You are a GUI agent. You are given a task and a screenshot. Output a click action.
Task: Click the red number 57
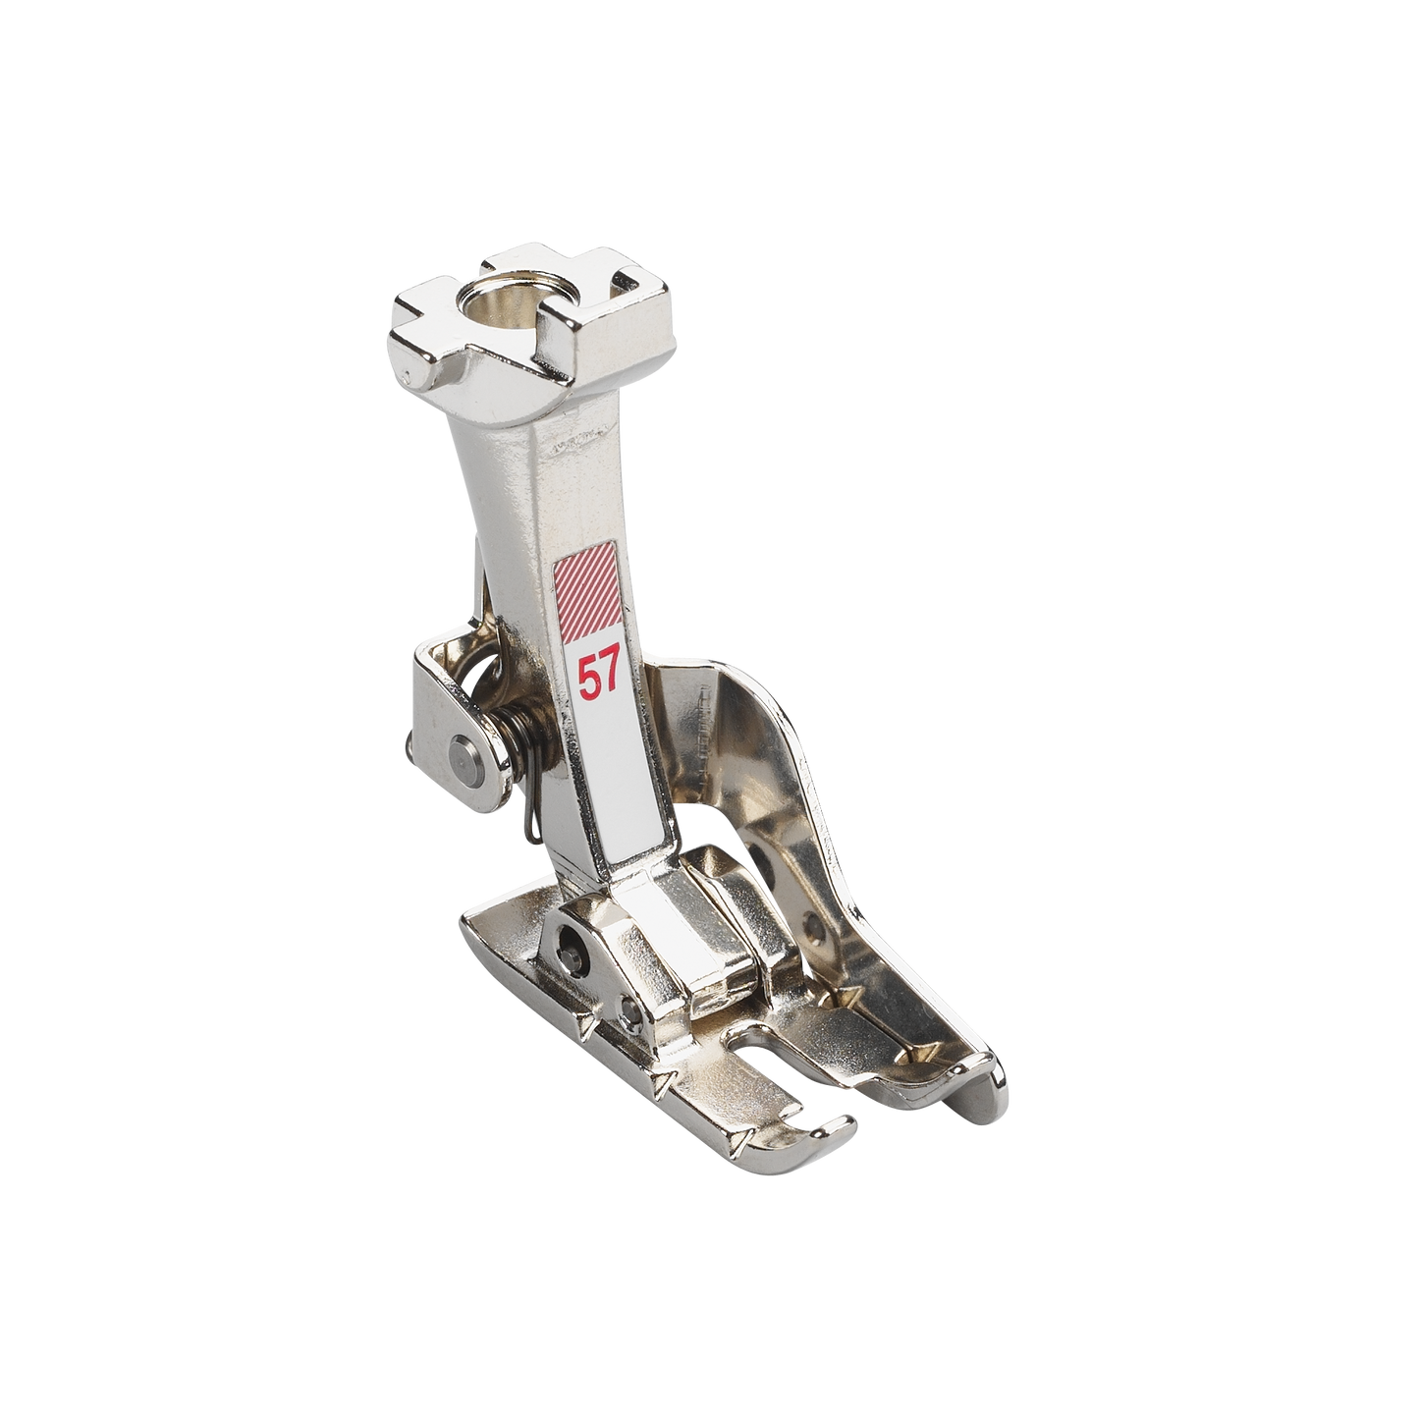coord(599,679)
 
